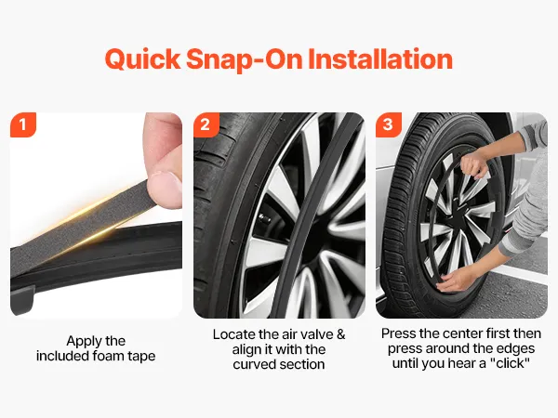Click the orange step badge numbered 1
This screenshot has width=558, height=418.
coord(23,124)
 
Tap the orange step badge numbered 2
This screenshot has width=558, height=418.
coord(206,124)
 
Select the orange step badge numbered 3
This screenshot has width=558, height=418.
coord(389,124)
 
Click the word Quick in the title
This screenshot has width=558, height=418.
coord(143,59)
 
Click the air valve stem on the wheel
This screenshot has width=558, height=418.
coord(265,218)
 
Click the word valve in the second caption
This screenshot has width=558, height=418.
coord(316,334)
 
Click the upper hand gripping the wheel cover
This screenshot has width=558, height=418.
coord(473,166)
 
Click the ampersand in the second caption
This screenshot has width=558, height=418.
coord(340,334)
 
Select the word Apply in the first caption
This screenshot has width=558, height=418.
coord(81,341)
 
